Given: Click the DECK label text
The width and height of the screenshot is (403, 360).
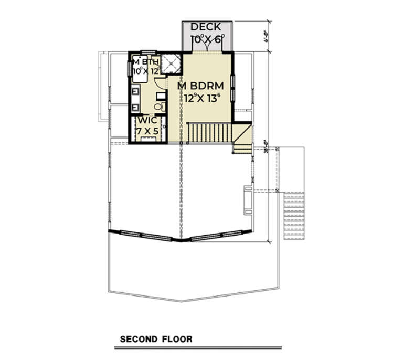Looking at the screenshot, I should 206,27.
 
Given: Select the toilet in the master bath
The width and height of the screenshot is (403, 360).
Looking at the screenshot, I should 161,107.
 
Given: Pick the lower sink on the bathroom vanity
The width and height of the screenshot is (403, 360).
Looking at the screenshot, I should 134,107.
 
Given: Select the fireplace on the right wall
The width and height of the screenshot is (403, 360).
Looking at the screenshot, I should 248,199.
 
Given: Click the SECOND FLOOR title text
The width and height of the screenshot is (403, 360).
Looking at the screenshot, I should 156,339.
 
